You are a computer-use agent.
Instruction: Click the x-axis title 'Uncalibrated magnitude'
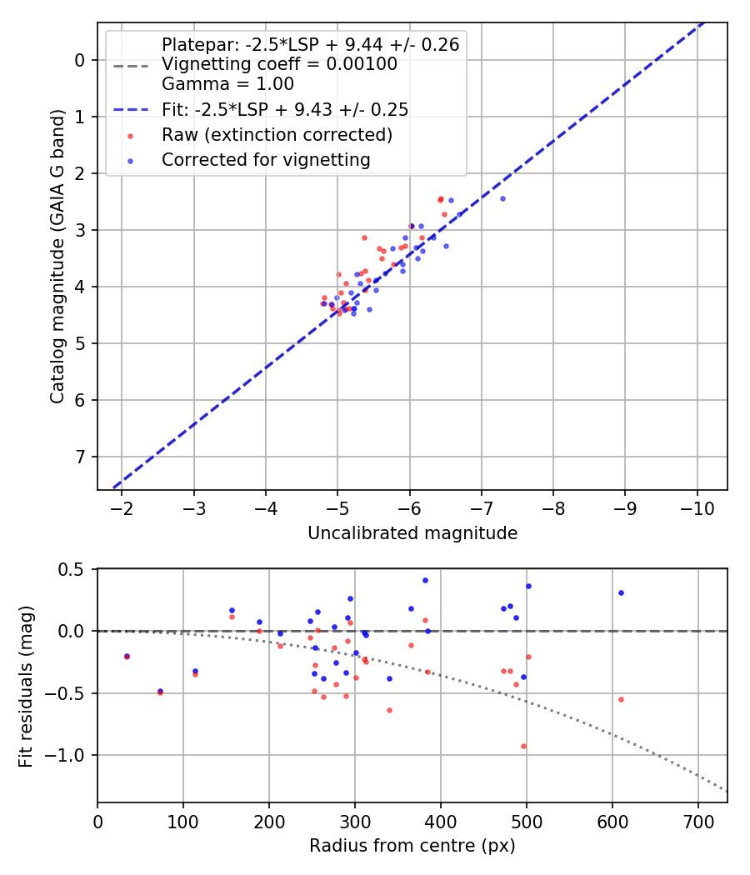pos(412,533)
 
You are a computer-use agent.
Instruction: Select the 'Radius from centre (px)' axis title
pos(412,846)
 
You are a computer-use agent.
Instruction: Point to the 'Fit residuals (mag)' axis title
pos(27,686)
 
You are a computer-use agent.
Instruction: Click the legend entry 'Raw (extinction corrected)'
pos(277,135)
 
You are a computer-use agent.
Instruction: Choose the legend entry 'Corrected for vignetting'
pos(266,159)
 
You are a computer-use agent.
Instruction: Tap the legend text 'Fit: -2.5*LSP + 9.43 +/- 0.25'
pos(284,110)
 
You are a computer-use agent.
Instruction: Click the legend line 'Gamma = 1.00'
pos(227,84)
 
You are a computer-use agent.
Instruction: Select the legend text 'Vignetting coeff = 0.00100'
pos(279,64)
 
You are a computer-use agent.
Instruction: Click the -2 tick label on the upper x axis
pos(122,507)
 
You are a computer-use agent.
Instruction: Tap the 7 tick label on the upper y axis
pos(81,457)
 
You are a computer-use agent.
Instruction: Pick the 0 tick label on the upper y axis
pos(81,60)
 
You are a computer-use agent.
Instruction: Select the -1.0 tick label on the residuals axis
pos(70,756)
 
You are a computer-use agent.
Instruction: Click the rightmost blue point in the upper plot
pos(502,198)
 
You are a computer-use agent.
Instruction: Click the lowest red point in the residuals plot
pos(523,746)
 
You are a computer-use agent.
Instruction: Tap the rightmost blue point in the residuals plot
pos(621,592)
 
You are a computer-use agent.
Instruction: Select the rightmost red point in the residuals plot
pos(621,699)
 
